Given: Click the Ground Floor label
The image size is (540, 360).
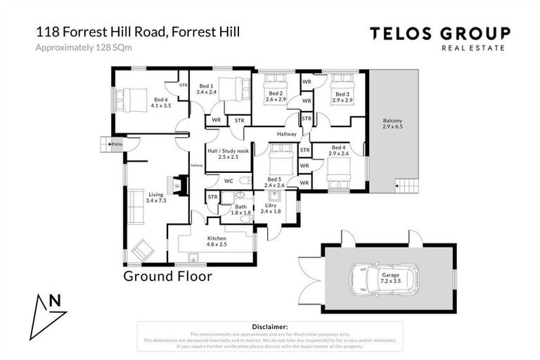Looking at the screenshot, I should click(x=167, y=276).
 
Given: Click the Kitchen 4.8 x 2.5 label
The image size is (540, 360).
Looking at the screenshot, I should click(x=217, y=243).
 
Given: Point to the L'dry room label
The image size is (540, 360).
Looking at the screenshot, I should click(x=271, y=207).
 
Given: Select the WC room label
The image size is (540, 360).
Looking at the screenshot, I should click(x=229, y=181).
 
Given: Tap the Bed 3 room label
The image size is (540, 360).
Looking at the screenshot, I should click(x=342, y=98).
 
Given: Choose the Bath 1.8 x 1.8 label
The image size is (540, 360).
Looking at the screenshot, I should click(x=240, y=210).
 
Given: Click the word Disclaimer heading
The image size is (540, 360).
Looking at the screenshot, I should click(x=269, y=327).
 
